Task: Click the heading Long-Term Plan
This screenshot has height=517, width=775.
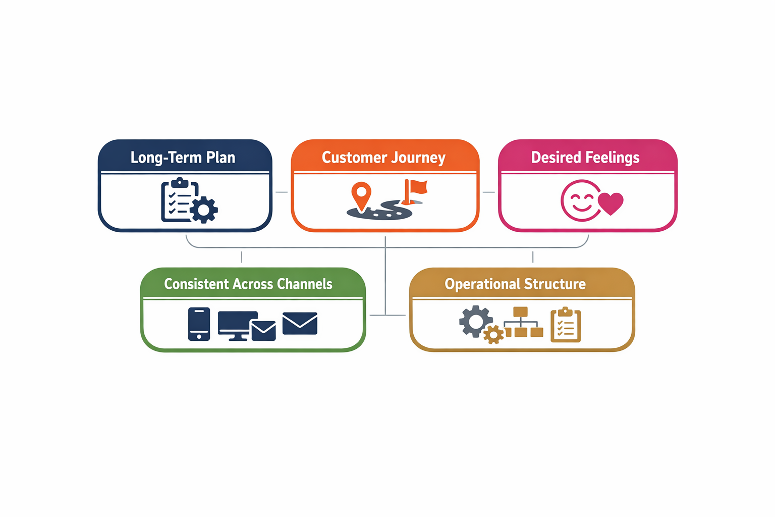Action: coord(183,158)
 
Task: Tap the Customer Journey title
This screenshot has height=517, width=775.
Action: coord(383,158)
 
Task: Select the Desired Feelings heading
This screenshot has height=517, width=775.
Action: coord(585,158)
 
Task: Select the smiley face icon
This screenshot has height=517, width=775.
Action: coord(580,200)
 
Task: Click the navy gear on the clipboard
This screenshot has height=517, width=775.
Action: coord(204,210)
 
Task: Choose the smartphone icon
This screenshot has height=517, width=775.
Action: coord(199,324)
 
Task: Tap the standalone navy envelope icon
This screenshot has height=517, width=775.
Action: coord(300,323)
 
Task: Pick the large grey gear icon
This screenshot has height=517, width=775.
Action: coord(475,321)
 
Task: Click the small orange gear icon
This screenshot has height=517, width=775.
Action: coord(493,334)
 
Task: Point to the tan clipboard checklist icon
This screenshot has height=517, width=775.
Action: coord(566,325)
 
